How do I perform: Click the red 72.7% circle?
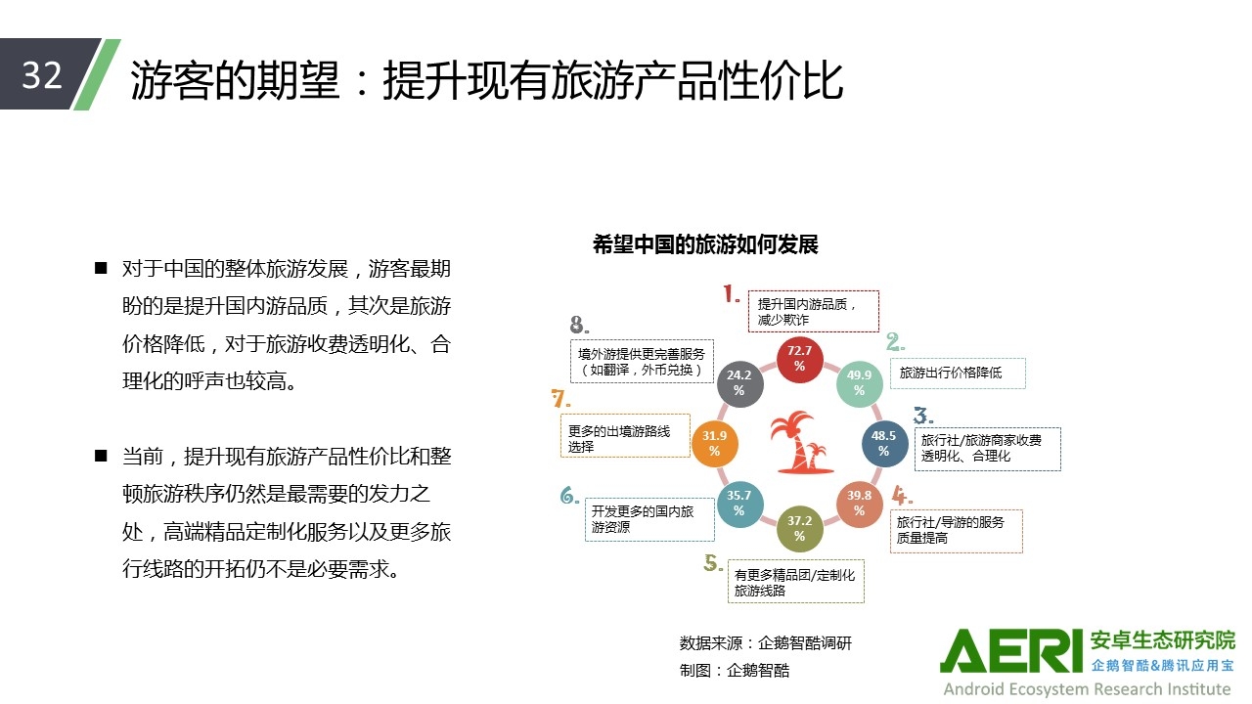[800, 360]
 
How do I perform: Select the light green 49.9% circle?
[859, 383]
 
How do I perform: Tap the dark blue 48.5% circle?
[883, 444]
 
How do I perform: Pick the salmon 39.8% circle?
[859, 504]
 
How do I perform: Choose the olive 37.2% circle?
[800, 529]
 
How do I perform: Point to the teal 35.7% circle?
[739, 504]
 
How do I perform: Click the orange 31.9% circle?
[715, 444]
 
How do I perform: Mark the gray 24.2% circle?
[739, 383]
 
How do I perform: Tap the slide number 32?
[41, 75]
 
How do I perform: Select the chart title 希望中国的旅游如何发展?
[705, 244]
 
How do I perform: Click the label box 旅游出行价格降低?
[958, 374]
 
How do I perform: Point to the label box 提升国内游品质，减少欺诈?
[813, 311]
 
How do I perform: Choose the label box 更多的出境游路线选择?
[625, 436]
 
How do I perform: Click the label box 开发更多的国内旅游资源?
[649, 519]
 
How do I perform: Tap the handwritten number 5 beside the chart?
[713, 563]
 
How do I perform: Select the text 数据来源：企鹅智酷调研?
[766, 643]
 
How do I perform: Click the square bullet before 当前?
[101, 456]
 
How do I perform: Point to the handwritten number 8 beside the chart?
[578, 324]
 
